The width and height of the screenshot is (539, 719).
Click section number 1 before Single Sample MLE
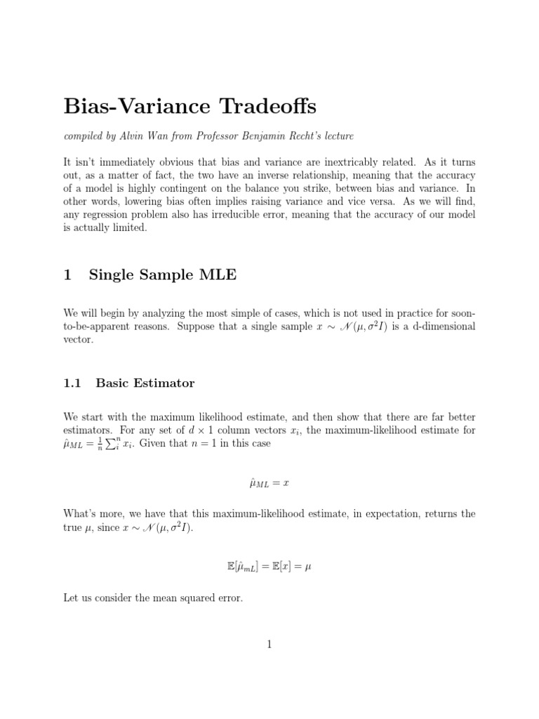pos(67,275)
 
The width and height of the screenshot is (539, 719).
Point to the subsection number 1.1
pos(72,383)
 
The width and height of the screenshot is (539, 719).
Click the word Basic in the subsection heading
pos(114,383)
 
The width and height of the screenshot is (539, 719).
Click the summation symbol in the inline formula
pos(111,443)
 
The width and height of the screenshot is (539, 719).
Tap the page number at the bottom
pos(269,645)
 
